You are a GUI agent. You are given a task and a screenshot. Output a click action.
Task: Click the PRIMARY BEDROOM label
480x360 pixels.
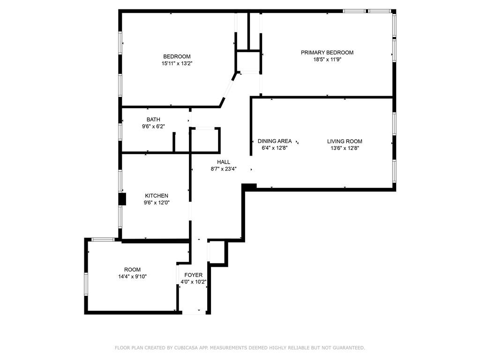pyautogui.click(x=327, y=52)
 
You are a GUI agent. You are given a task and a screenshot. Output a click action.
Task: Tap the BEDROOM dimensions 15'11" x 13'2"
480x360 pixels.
pyautogui.click(x=177, y=63)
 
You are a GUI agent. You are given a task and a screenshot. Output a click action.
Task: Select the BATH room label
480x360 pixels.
pyautogui.click(x=153, y=120)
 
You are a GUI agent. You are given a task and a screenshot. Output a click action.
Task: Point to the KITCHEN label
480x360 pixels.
pyautogui.click(x=157, y=195)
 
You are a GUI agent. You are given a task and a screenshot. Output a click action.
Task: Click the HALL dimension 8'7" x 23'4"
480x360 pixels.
pyautogui.click(x=224, y=169)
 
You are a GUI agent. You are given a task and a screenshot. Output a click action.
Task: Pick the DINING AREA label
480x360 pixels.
pyautogui.click(x=275, y=141)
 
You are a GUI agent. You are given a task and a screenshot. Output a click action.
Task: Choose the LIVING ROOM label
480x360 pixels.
pyautogui.click(x=345, y=141)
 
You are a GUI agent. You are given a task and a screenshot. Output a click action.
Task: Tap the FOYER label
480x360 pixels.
pyautogui.click(x=193, y=275)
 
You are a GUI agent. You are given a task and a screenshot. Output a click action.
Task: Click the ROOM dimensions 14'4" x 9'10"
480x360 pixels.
pyautogui.click(x=132, y=277)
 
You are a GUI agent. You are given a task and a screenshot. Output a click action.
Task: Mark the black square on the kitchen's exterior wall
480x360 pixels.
pyautogui.click(x=122, y=199)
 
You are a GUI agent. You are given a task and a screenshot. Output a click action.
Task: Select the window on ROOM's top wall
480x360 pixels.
pyautogui.click(x=103, y=240)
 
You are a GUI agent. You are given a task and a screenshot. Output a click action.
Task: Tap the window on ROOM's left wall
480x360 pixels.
pyautogui.click(x=86, y=284)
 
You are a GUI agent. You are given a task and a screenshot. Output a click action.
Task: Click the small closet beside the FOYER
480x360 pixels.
pyautogui.click(x=217, y=252)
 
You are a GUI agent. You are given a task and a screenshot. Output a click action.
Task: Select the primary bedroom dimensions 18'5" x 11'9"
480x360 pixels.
pyautogui.click(x=327, y=60)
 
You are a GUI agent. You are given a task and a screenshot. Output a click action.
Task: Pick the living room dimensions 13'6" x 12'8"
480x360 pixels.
pyautogui.click(x=345, y=148)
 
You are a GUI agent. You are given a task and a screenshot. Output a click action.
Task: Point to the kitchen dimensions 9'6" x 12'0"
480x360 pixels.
pyautogui.click(x=157, y=202)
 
